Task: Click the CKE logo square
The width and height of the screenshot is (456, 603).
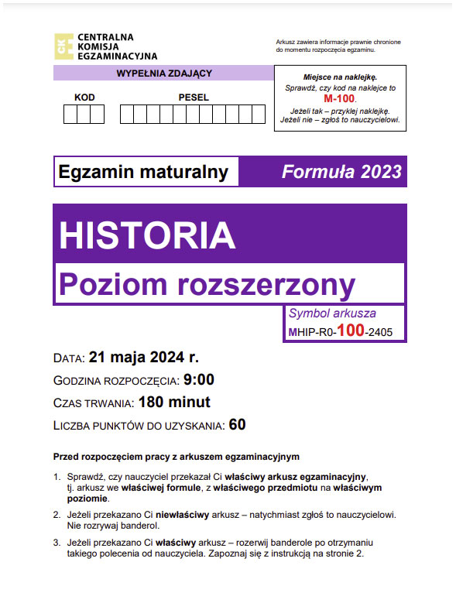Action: (65, 46)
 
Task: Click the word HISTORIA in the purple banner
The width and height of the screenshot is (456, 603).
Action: (147, 235)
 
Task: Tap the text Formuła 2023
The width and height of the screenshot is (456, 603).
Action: (341, 171)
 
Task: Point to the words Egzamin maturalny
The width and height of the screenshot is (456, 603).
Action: (144, 172)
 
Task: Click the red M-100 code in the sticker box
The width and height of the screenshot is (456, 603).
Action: (339, 100)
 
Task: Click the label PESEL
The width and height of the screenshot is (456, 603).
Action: (193, 98)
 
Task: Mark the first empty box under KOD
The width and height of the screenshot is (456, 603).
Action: (70, 115)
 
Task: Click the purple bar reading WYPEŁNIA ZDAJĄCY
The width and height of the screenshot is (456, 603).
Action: (163, 74)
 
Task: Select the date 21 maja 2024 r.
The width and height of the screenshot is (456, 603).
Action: (144, 358)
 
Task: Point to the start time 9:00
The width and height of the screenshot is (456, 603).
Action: (199, 380)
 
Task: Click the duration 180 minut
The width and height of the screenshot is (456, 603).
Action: (174, 403)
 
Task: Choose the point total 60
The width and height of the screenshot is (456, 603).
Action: (238, 425)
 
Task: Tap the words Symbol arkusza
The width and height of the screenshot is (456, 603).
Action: (332, 313)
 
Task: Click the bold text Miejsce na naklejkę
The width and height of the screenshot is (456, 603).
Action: (339, 78)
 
